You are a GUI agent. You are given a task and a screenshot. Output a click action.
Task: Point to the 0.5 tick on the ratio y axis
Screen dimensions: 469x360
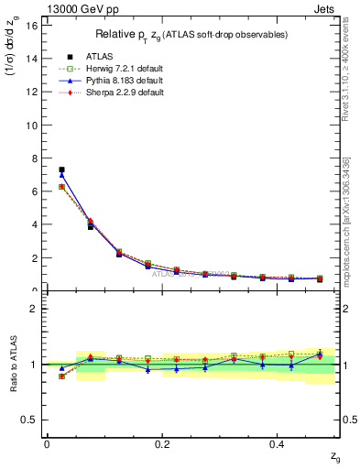[31, 420]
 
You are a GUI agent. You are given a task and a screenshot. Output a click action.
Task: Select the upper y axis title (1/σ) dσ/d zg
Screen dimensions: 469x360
[15, 59]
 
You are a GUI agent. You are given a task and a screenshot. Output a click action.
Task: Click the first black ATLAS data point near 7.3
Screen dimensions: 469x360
[61, 169]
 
